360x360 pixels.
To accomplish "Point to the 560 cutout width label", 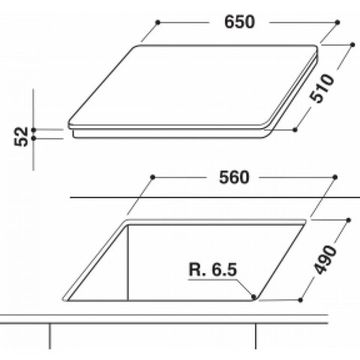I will pyautogui.click(x=239, y=177).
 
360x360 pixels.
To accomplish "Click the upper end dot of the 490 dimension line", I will pyautogui.click(x=352, y=207).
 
